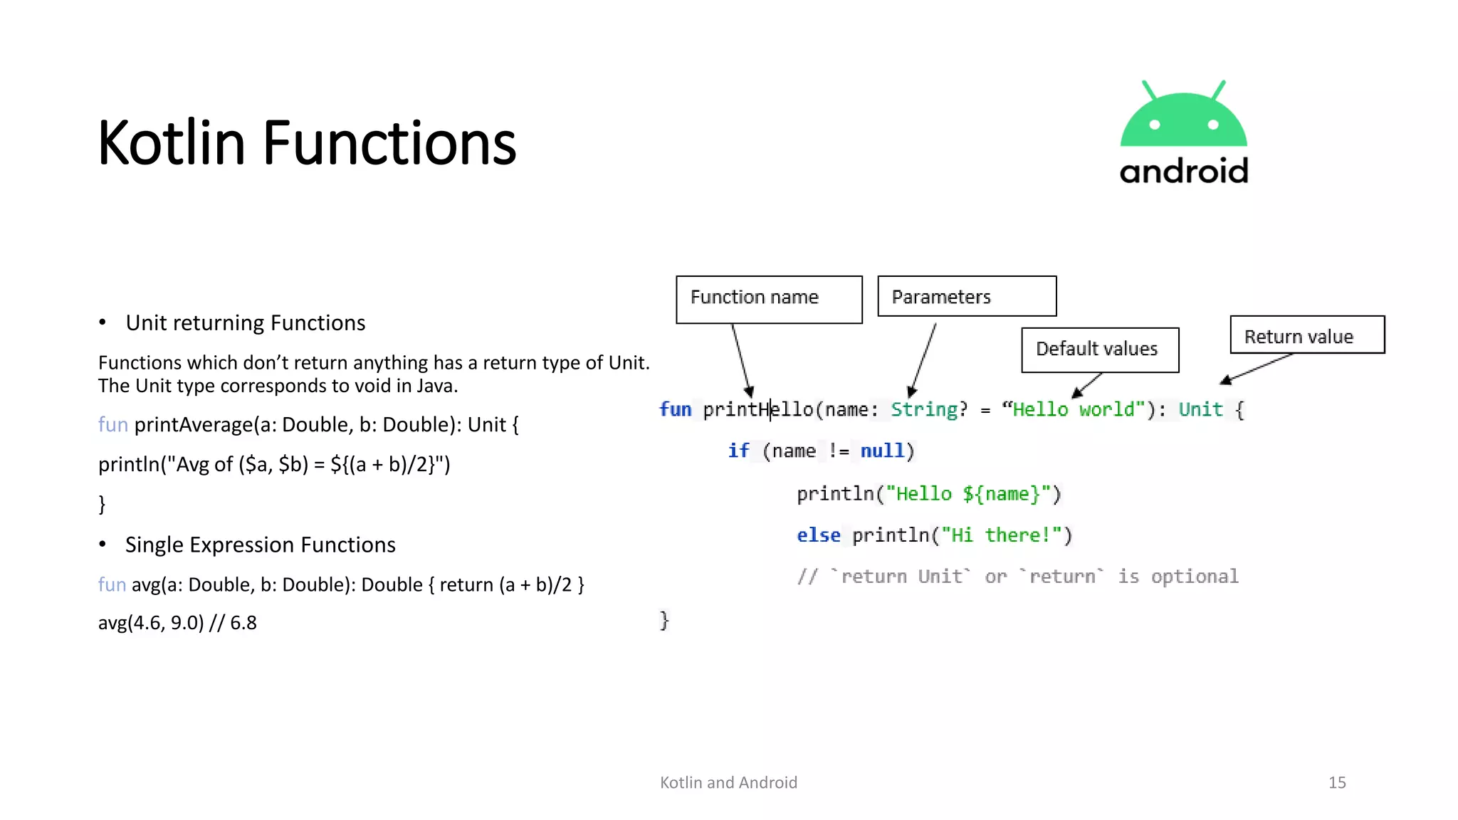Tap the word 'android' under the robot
click(1184, 172)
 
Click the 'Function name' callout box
click(769, 299)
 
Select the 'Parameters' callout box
click(967, 296)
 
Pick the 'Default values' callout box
click(1100, 349)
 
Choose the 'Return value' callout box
click(1307, 335)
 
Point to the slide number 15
click(1337, 782)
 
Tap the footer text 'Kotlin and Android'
click(728, 782)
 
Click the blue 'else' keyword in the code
click(818, 535)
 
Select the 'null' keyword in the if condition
click(882, 451)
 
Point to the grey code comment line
click(1018, 576)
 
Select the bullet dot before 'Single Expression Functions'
click(103, 545)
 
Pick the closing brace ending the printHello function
click(664, 620)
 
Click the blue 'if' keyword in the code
click(738, 451)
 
